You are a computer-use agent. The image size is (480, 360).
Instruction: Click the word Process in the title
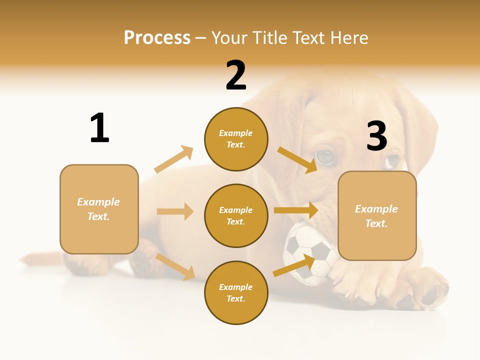click(x=157, y=38)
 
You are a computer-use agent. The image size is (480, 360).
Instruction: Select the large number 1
click(x=99, y=128)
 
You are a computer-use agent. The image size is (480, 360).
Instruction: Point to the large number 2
click(x=236, y=75)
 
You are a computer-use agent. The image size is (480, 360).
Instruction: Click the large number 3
click(x=377, y=136)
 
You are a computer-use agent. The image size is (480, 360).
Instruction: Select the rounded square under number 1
click(x=99, y=209)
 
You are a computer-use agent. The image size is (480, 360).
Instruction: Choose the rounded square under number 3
click(x=377, y=215)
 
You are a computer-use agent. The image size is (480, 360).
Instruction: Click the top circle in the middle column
click(x=236, y=139)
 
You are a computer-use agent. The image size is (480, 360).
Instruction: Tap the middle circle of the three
click(x=236, y=215)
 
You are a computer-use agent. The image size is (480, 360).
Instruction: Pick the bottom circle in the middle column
click(x=236, y=292)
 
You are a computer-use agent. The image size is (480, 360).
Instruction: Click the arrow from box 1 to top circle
click(x=173, y=159)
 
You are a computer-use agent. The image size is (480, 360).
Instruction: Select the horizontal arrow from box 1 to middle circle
click(x=175, y=211)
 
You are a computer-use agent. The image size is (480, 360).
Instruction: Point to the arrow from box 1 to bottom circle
click(x=175, y=266)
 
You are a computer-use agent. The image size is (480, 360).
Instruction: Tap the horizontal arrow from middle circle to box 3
click(x=296, y=210)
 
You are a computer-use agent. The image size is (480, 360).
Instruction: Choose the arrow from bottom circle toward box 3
click(x=294, y=266)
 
